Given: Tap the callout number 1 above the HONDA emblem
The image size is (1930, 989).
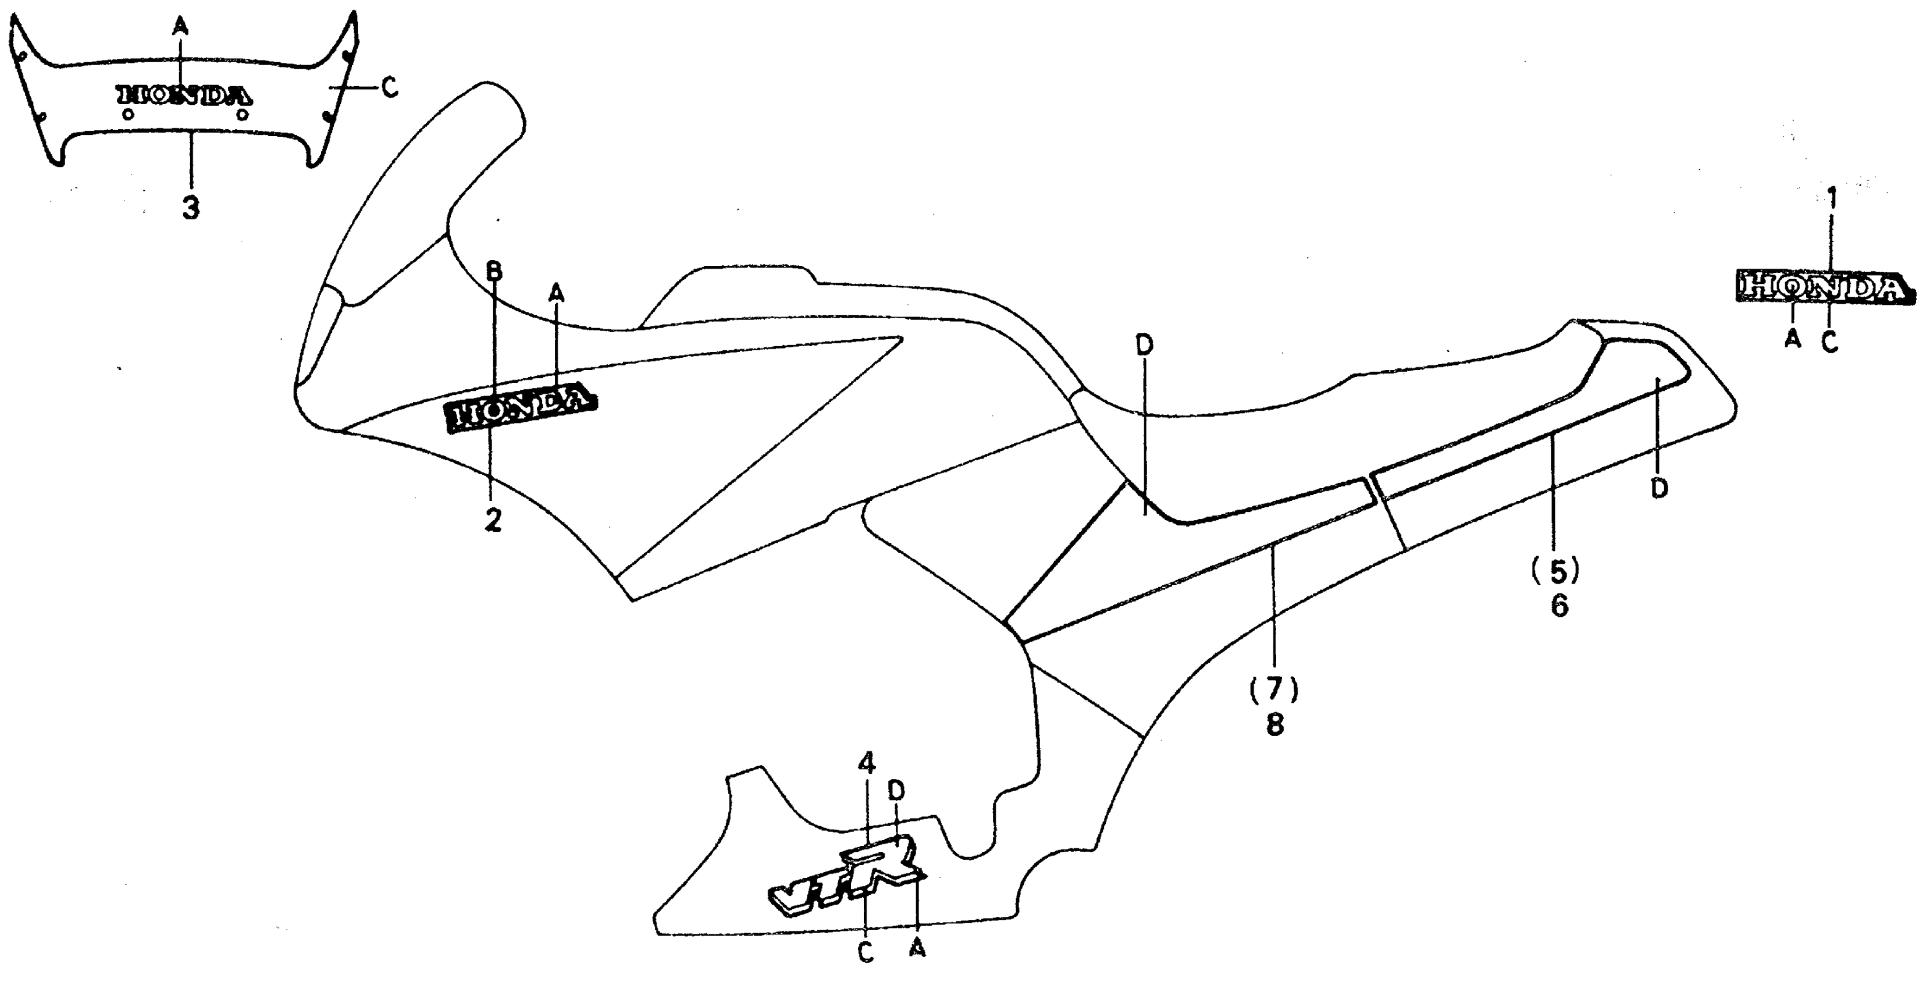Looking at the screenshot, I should (1831, 200).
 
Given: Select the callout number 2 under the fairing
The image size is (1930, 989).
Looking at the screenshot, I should (492, 519).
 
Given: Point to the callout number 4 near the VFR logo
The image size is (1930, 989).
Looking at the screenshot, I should (866, 763).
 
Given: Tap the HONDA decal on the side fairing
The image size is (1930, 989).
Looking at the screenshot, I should (522, 409).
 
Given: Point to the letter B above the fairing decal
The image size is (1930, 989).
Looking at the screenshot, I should (494, 271).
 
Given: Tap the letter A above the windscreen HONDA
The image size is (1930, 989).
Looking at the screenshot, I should (180, 27).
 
